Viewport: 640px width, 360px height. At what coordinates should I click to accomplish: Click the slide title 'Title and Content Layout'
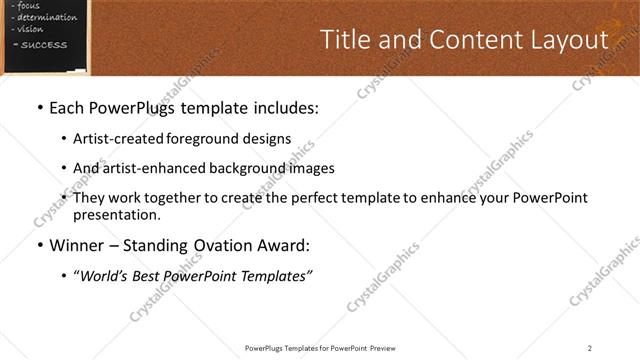tap(463, 40)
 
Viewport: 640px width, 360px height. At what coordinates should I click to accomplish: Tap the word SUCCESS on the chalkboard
tap(44, 45)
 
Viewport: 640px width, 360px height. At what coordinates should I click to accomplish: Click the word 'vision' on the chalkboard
tap(30, 29)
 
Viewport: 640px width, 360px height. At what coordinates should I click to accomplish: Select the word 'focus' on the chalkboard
tap(29, 6)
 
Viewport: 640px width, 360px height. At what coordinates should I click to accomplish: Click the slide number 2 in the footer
tap(589, 347)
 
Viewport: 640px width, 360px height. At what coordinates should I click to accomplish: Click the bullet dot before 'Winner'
tap(39, 245)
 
